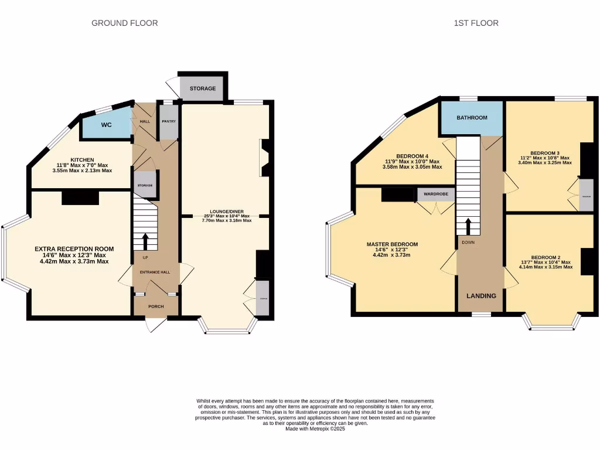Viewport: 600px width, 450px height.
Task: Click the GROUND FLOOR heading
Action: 125,23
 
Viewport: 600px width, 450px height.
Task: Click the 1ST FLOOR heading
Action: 476,23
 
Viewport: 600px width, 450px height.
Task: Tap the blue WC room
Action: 106,125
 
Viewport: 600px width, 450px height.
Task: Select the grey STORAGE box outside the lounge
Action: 202,88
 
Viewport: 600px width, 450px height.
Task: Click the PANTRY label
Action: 169,121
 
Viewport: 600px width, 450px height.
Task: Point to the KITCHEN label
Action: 82,160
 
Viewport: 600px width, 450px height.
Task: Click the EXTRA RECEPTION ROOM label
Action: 74,249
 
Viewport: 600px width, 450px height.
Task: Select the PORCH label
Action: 155,306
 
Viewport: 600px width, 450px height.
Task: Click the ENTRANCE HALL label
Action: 155,272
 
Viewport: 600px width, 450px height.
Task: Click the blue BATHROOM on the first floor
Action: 472,118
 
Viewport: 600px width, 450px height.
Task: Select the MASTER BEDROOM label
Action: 393,244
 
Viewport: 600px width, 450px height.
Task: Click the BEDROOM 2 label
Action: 546,257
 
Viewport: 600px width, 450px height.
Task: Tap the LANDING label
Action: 480,296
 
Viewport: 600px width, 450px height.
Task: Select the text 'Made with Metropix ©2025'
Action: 315,429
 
